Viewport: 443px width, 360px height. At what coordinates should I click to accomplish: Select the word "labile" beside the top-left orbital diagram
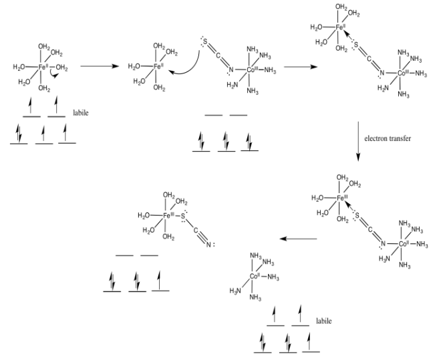pos(80,113)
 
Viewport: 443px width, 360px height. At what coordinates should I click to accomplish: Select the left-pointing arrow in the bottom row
pos(297,238)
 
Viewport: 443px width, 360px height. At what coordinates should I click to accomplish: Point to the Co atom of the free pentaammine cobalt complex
pos(254,276)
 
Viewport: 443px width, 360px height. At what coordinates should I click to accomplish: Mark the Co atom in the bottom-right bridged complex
pos(404,244)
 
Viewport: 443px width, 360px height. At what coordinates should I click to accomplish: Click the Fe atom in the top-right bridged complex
pos(341,27)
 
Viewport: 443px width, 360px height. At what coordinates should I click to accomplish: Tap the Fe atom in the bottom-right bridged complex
pos(341,198)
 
